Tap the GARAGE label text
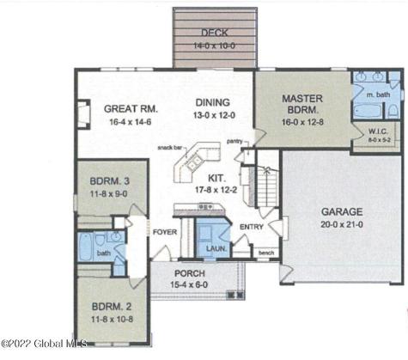click(x=342, y=211)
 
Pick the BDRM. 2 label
click(x=112, y=307)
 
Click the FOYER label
click(x=164, y=233)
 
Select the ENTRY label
click(x=252, y=227)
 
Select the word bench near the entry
click(x=266, y=253)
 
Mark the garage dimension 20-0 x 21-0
click(x=342, y=223)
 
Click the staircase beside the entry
click(x=269, y=184)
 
